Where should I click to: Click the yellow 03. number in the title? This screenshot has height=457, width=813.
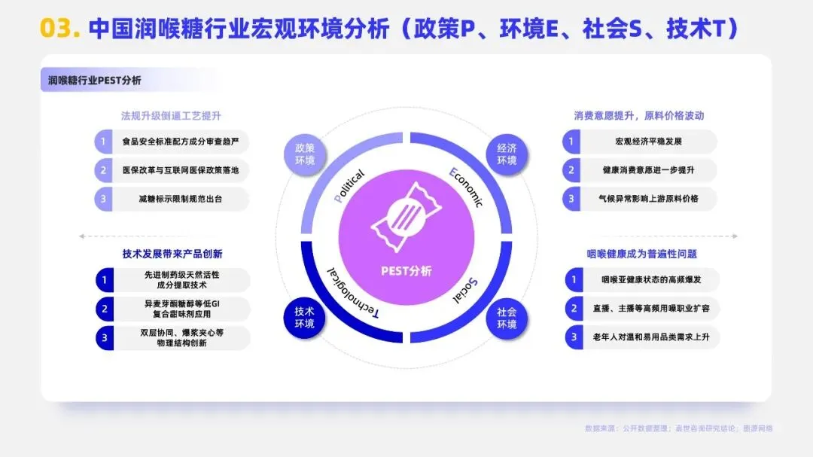60,28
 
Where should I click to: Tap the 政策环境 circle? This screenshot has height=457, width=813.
305,154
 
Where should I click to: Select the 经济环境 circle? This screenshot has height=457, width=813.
507,154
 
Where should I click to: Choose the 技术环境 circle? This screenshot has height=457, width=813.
304,318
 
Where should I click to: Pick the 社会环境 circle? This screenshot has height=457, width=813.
507,318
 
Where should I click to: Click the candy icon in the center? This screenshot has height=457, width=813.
406,217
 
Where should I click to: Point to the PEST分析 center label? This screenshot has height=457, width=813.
406,271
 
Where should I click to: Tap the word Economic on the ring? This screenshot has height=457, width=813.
466,187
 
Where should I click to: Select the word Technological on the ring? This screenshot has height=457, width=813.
353,293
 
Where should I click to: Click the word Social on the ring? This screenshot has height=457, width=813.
466,291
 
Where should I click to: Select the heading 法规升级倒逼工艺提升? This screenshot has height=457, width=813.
171,116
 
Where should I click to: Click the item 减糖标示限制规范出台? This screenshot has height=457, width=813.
180,199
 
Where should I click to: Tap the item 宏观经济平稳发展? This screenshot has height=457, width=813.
648,141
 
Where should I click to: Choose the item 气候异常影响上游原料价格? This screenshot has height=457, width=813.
648,199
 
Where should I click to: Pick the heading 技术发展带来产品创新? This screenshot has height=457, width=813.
172,254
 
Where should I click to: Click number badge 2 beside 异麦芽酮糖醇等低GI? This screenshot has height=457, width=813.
105,309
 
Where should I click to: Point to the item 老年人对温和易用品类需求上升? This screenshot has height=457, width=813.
650,337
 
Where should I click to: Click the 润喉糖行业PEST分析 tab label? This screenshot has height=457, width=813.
94,81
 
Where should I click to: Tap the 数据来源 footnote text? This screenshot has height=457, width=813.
679,428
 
